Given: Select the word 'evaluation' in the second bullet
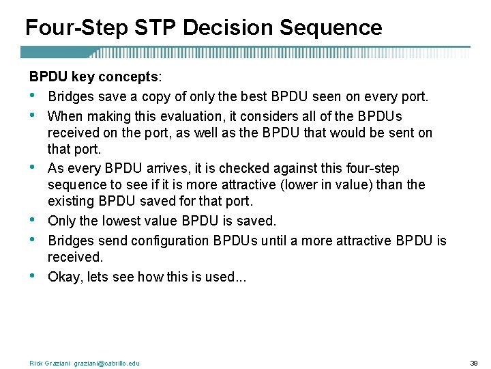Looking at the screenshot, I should pyautogui.click(x=176, y=115).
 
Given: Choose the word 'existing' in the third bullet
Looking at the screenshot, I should pyautogui.click(x=71, y=202).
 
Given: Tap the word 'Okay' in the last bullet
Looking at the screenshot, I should pyautogui.click(x=64, y=277).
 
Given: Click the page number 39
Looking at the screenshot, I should pyautogui.click(x=475, y=363).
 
